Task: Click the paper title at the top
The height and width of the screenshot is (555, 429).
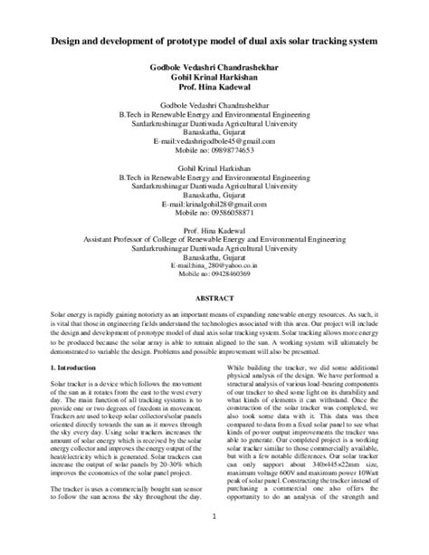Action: tap(214, 43)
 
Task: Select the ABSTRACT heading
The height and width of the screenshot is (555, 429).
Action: tap(214, 296)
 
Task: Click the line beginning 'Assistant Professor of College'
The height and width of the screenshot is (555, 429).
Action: tap(214, 238)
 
